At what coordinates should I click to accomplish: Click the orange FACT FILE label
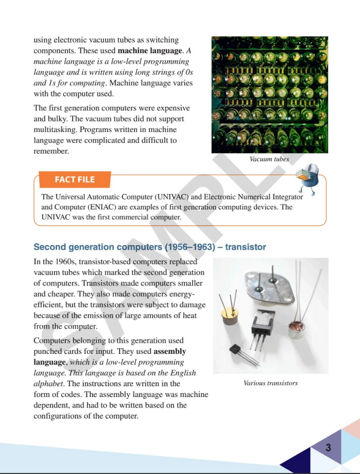point(74,180)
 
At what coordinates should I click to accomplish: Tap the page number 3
point(328,448)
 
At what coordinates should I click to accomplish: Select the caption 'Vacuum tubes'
point(269,159)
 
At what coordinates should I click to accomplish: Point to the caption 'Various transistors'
point(271,383)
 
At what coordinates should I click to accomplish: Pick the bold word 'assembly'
point(170,351)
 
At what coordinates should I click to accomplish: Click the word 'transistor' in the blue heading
point(245,247)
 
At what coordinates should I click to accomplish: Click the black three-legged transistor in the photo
point(262,327)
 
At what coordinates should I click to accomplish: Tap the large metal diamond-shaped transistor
point(271,287)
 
